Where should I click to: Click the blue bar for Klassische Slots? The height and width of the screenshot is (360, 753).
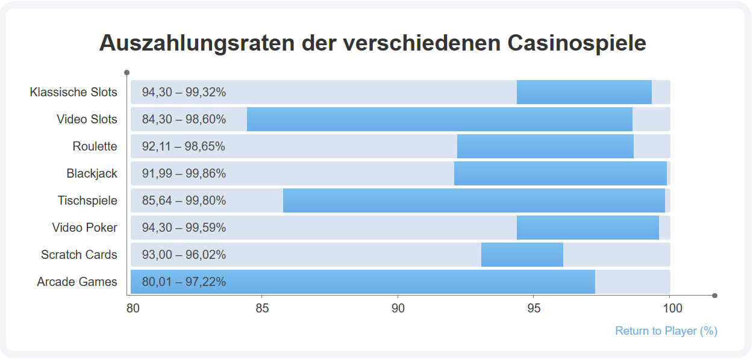coord(584,92)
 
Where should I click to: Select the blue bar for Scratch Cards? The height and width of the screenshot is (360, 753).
coord(522,255)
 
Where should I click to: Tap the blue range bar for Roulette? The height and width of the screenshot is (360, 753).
coord(545,146)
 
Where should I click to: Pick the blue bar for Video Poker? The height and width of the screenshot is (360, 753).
coord(587,228)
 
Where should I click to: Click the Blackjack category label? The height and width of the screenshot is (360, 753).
coord(92,173)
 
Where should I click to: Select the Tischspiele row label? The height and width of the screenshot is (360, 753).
coord(87,200)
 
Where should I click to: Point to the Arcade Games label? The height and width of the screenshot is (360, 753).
coord(77,282)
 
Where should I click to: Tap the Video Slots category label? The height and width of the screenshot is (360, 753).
coord(87,119)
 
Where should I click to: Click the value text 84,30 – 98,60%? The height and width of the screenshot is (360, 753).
coord(184,119)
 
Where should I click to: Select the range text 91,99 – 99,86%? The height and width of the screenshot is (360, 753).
coord(184,173)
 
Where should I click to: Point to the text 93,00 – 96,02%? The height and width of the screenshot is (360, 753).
coord(184,255)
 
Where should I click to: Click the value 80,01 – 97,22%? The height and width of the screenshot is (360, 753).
coord(184,282)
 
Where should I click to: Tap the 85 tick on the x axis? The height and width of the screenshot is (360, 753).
coord(262,309)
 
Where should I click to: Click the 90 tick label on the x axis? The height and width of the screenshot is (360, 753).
coord(398,309)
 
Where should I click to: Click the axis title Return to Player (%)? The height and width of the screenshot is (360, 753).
coord(666,331)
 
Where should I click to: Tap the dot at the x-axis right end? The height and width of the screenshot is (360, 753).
coord(715,296)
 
